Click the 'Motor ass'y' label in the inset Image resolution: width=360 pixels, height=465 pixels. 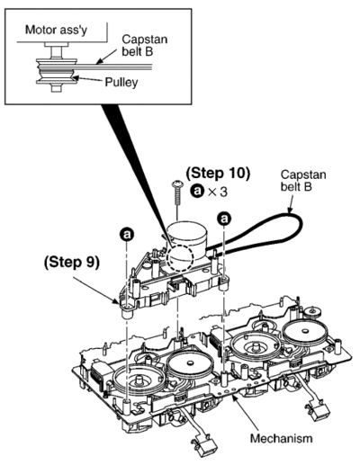56,30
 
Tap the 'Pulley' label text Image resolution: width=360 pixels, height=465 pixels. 121,82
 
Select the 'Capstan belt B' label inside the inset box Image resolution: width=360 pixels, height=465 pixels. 145,45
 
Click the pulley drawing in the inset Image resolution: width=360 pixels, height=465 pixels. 56,71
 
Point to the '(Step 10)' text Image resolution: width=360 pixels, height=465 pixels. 218,173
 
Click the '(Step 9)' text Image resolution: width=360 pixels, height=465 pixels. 71,263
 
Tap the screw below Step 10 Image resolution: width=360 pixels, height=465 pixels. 178,192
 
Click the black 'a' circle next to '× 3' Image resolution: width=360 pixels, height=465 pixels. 197,192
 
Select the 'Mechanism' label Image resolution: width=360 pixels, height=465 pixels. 282,438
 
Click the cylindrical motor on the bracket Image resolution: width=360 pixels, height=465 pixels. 186,240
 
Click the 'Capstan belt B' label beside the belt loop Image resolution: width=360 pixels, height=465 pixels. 303,181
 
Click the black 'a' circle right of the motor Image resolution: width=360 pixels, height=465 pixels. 224,219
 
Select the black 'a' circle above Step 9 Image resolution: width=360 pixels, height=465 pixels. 127,235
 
